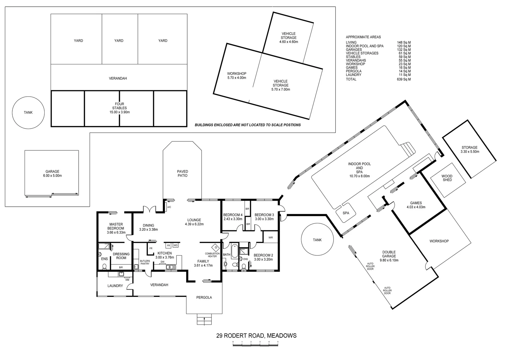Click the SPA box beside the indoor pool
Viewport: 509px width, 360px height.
346,212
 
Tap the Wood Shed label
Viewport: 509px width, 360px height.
447,178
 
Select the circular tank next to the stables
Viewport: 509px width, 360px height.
28,112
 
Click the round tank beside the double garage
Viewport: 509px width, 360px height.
317,240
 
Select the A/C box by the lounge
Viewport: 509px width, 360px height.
169,207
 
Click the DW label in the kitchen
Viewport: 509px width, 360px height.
163,262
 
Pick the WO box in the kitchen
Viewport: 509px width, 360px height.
176,245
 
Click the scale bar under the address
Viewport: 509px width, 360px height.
255,344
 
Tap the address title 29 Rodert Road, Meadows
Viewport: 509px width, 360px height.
256,336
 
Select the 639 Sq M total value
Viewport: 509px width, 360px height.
404,79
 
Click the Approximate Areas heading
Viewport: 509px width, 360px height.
363,37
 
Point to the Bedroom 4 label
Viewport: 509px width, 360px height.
233,215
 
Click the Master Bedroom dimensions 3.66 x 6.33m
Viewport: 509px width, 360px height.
116,232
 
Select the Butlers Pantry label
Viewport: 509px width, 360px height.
145,262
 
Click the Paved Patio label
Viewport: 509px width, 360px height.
182,173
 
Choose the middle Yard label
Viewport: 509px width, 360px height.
119,41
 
